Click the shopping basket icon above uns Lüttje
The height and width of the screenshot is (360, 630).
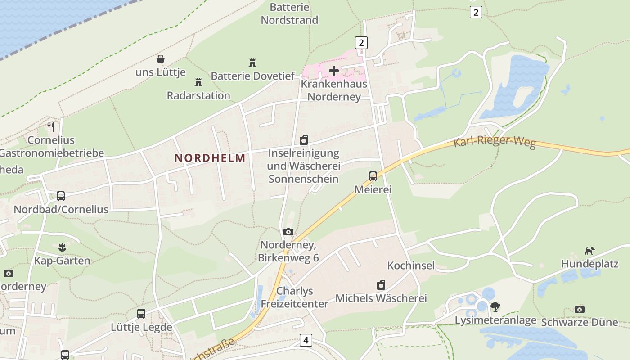(x=161, y=59)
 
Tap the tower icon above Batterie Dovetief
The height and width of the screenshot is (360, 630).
(x=252, y=63)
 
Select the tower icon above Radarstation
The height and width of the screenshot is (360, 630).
(x=198, y=82)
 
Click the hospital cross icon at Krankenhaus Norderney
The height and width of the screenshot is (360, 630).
(x=334, y=70)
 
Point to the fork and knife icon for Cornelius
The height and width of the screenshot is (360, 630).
(x=51, y=127)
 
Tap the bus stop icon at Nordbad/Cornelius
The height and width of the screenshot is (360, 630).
(x=61, y=196)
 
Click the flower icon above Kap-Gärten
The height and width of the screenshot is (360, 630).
(x=62, y=247)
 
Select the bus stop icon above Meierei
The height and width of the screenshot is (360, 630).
(x=373, y=176)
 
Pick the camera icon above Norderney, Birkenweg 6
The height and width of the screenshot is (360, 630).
(x=288, y=232)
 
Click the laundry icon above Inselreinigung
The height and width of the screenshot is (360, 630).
(x=304, y=140)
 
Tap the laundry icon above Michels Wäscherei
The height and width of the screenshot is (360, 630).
(x=381, y=285)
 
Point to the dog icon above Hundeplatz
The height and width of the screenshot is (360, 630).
(x=589, y=250)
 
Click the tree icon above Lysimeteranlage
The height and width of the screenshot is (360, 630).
(x=495, y=307)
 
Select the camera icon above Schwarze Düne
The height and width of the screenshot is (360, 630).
(x=580, y=309)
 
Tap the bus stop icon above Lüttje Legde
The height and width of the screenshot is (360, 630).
(x=141, y=314)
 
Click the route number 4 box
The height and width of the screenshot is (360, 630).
(x=306, y=340)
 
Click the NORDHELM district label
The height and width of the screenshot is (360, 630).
(x=210, y=158)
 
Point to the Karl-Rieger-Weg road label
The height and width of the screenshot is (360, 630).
(x=495, y=143)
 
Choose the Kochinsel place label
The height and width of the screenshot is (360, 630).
(x=411, y=265)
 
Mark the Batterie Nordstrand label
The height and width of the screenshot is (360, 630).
(x=290, y=13)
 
